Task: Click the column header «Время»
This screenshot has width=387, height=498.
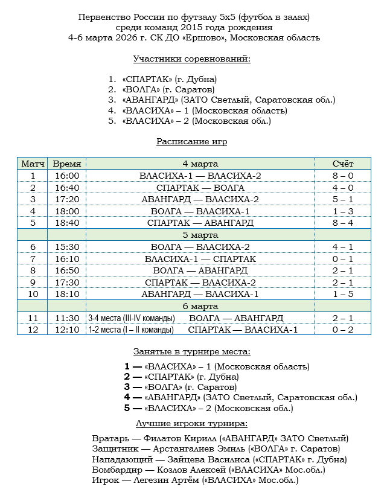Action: [67, 164]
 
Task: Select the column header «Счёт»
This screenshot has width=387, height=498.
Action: [343, 164]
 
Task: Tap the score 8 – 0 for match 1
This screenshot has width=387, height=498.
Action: [343, 176]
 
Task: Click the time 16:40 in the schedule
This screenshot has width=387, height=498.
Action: [67, 188]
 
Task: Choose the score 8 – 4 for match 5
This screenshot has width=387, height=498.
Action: [343, 223]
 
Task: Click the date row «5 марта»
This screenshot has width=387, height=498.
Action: [200, 235]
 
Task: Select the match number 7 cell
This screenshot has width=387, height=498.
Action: [33, 258]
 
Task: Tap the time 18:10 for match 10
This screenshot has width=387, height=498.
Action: [67, 294]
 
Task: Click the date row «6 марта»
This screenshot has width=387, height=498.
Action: [200, 306]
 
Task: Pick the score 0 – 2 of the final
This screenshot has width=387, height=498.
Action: [343, 330]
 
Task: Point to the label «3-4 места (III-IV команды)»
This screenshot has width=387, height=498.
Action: [131, 318]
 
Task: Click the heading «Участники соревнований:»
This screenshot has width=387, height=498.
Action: [191, 59]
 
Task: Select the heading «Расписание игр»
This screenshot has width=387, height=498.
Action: [191, 141]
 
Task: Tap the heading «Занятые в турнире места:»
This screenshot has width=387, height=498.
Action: [191, 352]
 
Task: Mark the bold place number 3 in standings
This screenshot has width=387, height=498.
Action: [127, 387]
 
